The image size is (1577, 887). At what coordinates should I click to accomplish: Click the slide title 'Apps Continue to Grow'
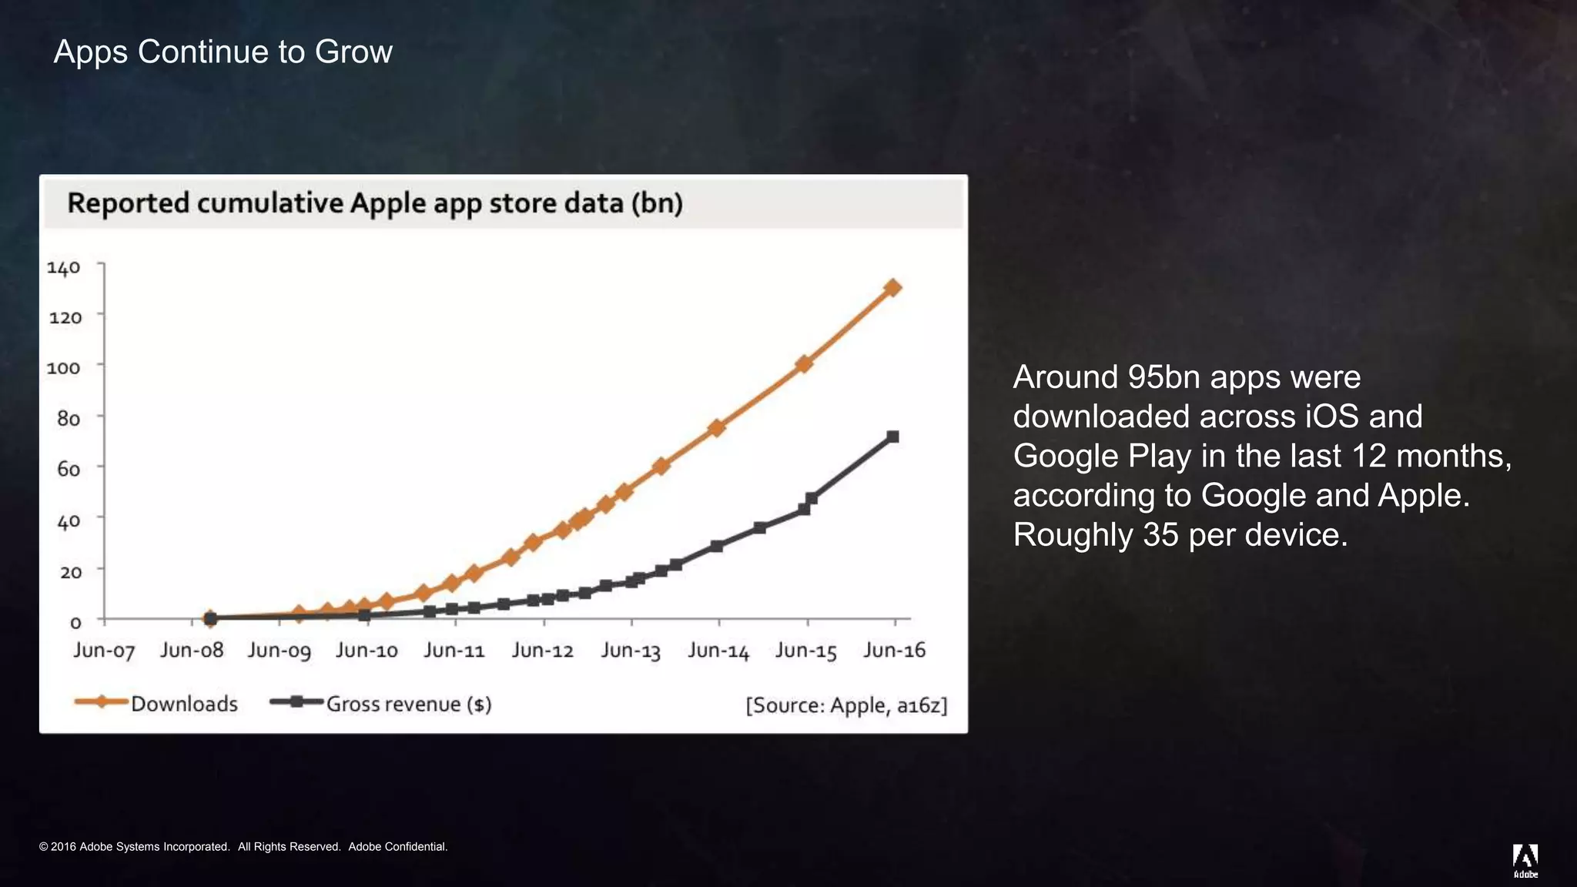[223, 52]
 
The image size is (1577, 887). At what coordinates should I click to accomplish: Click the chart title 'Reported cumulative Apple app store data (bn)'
[375, 203]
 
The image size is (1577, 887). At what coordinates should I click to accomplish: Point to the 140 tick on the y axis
[63, 268]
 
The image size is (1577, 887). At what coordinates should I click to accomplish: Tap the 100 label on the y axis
[63, 368]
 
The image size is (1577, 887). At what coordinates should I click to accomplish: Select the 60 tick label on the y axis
[68, 469]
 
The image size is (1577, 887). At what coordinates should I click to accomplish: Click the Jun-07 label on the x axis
[104, 651]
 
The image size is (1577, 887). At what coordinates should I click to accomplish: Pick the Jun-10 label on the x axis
[367, 651]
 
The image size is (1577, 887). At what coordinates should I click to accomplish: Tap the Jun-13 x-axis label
[631, 651]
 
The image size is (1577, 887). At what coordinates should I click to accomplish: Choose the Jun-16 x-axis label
[894, 651]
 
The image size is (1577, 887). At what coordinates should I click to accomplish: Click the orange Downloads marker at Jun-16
[893, 288]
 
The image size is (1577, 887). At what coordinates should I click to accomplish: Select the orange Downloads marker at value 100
[804, 363]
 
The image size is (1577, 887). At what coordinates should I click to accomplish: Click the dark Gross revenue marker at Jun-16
[893, 437]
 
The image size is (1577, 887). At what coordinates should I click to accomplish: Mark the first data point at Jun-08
[210, 618]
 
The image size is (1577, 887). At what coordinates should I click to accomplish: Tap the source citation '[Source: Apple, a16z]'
[846, 705]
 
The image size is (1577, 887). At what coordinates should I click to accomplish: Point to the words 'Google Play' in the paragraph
[1103, 456]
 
